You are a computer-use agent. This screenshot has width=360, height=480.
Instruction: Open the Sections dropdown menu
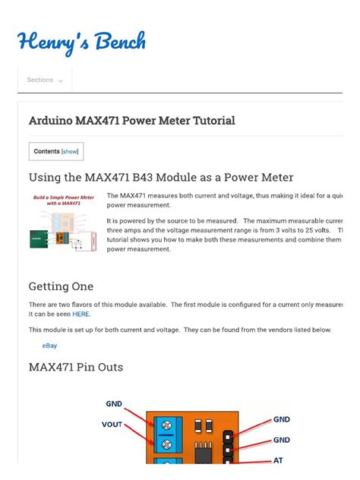45,80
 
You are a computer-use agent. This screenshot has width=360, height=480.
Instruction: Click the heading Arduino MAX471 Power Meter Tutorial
131,121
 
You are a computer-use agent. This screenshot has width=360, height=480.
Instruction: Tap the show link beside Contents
70,151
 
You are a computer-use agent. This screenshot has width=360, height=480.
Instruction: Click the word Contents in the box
46,151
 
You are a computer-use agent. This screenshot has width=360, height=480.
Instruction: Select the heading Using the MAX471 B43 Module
160,177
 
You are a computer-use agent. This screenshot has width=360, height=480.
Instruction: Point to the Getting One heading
61,286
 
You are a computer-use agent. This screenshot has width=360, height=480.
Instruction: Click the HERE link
81,313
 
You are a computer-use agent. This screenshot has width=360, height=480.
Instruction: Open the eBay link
49,346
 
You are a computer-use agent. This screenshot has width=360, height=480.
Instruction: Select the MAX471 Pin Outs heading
75,368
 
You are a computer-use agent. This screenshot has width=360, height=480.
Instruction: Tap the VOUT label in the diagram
112,425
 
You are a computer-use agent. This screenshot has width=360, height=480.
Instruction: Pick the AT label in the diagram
279,460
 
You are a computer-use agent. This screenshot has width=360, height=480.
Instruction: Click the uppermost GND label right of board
281,419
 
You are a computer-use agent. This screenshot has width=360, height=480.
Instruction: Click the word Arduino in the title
52,121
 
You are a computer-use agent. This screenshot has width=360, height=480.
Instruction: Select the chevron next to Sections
61,81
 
